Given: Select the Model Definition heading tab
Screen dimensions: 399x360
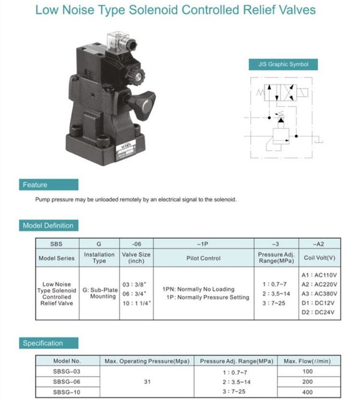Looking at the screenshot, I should click(x=48, y=226).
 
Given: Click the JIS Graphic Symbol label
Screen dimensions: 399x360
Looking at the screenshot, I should click(x=283, y=64).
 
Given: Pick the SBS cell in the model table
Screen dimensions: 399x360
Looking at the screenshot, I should click(x=56, y=244).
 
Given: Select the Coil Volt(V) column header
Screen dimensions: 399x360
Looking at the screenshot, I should click(x=319, y=258).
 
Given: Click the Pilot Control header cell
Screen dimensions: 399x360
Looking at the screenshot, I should click(x=203, y=258).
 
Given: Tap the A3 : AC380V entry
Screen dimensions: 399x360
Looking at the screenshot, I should click(x=319, y=294).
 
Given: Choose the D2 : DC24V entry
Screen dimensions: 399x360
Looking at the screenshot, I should click(x=319, y=313).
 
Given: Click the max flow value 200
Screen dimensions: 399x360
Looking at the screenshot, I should click(x=307, y=382).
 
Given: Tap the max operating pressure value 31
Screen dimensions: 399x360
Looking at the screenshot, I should click(x=147, y=382).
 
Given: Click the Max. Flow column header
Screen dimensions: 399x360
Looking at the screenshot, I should click(x=307, y=361).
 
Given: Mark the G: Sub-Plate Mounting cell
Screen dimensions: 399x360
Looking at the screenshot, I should click(x=99, y=293).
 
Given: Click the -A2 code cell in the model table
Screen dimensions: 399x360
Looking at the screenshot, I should click(x=319, y=244).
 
